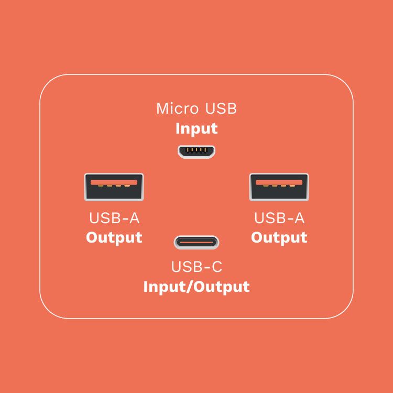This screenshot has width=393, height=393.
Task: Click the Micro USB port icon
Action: [x=196, y=152]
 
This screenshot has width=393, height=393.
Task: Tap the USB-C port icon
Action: [x=196, y=243]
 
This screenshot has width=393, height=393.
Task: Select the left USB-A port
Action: [x=114, y=187]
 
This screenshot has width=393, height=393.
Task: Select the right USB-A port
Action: [x=279, y=187]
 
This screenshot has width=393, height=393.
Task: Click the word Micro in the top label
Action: [x=178, y=109]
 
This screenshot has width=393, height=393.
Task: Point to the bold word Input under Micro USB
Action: [x=196, y=129]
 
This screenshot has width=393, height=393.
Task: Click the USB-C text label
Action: [x=196, y=266]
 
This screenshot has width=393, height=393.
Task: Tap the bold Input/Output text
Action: [x=196, y=287]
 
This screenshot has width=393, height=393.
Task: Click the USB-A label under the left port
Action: [x=114, y=218]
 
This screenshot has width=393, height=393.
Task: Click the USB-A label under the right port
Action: [x=279, y=218]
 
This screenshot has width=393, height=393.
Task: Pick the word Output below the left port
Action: [x=114, y=237]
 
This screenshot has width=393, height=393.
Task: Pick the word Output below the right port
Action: [x=279, y=237]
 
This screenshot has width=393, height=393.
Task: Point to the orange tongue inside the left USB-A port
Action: [x=114, y=182]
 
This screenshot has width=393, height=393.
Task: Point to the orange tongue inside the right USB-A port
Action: [x=279, y=182]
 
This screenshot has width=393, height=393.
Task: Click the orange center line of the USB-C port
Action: [x=196, y=243]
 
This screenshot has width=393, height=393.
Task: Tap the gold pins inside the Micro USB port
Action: [x=196, y=150]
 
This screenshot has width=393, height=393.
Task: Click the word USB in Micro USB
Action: [x=221, y=109]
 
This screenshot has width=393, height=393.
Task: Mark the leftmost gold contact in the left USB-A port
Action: [x=101, y=185]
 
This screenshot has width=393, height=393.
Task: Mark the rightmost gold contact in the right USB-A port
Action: [x=292, y=185]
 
